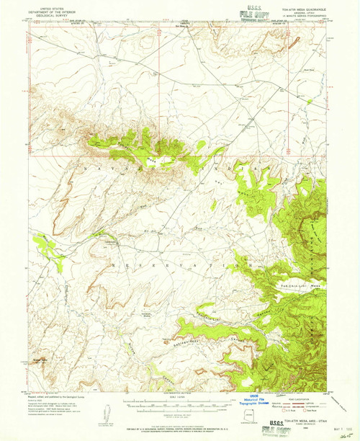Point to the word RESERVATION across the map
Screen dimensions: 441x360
click(173, 266)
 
